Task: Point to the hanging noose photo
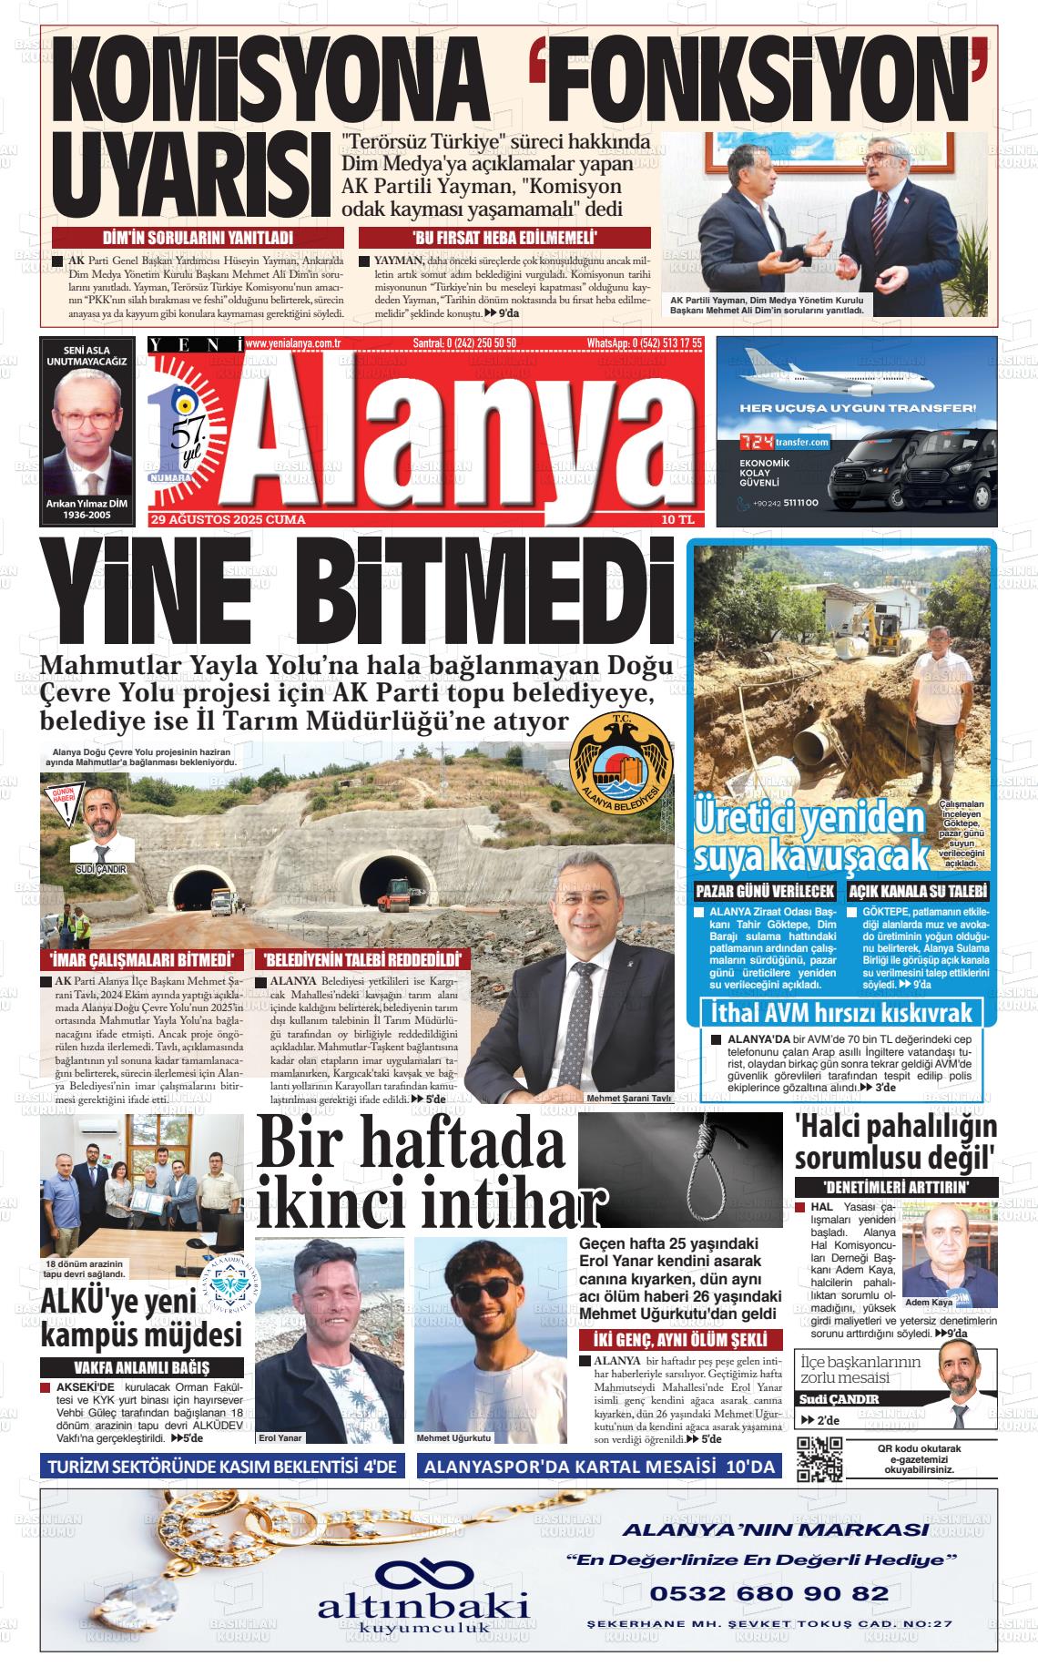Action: tap(679, 1169)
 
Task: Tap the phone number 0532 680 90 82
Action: tap(768, 1593)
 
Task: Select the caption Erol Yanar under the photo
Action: tap(280, 1437)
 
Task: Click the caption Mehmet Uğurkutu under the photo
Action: tap(453, 1437)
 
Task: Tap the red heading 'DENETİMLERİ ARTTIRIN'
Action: tap(896, 1187)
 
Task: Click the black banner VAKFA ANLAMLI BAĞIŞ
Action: tap(141, 1367)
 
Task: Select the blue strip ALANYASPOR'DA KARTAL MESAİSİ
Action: tap(599, 1467)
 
